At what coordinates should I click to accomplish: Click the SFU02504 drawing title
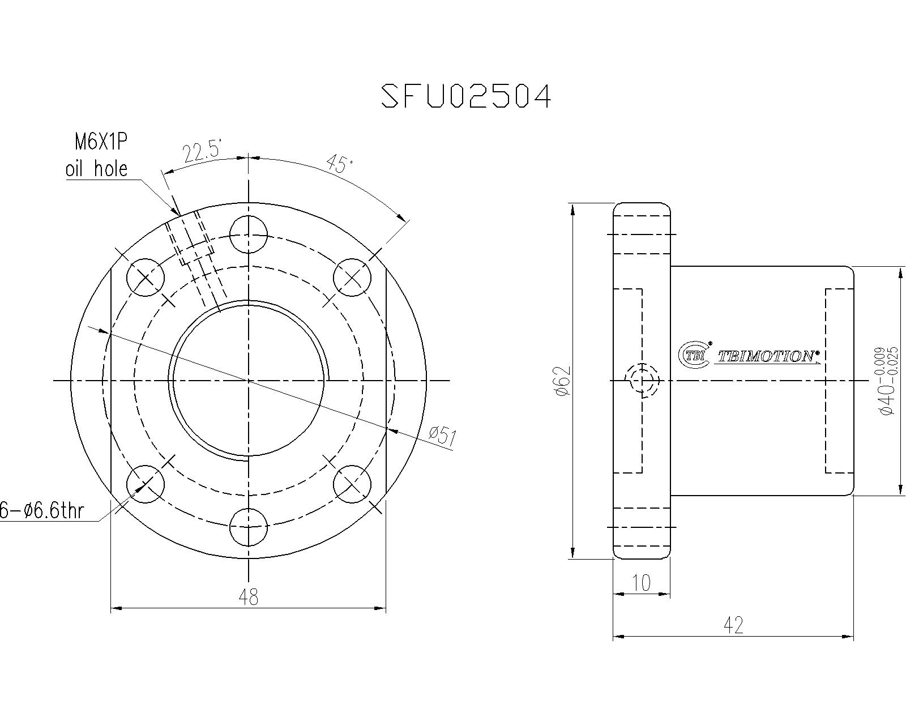465,96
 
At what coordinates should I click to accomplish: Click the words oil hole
96,168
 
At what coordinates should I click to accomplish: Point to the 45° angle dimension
340,165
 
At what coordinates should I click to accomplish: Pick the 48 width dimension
249,596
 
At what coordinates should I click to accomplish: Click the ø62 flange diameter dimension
562,381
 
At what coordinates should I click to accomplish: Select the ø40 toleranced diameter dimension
886,381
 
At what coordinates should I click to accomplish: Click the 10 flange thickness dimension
642,583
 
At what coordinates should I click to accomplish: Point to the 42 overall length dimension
733,625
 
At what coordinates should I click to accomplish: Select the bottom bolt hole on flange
249,527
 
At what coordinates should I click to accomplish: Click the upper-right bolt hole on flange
352,278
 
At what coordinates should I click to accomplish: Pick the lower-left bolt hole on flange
146,484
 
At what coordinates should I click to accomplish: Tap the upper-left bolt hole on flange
146,278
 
